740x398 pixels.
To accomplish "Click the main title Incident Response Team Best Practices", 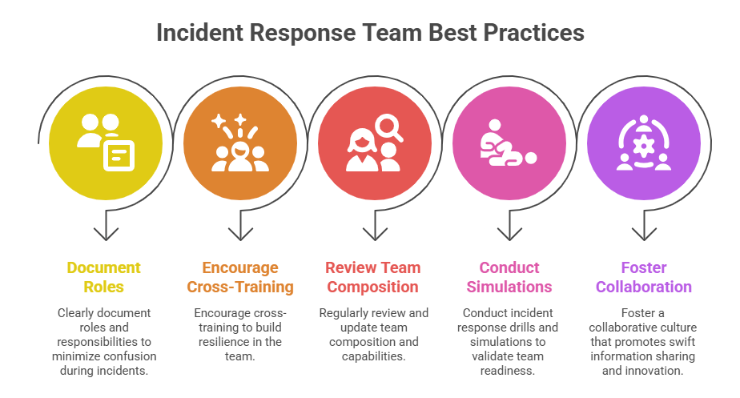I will (370, 34).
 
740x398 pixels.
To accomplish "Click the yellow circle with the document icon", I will (105, 144).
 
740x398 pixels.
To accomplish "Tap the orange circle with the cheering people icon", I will (239, 144).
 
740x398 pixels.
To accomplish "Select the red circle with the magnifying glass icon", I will (374, 144).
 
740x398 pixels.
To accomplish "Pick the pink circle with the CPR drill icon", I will (509, 144).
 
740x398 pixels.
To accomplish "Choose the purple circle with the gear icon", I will (643, 144).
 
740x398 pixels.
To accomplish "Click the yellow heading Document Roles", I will (104, 277).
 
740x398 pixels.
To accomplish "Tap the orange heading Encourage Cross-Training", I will (239, 277).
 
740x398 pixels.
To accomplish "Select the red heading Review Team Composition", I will (374, 277).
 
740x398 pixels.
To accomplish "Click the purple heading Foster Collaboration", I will (643, 277).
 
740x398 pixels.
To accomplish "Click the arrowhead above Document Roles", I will (105, 235).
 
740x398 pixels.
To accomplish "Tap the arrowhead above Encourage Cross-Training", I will (239, 235).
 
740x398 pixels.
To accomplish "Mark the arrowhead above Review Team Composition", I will (374, 235).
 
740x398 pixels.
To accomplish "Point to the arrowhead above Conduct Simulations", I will (509, 235).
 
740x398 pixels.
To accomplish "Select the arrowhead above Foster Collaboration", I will (643, 235).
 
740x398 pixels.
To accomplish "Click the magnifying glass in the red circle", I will (388, 127).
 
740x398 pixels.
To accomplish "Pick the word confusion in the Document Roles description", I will (131, 356).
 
